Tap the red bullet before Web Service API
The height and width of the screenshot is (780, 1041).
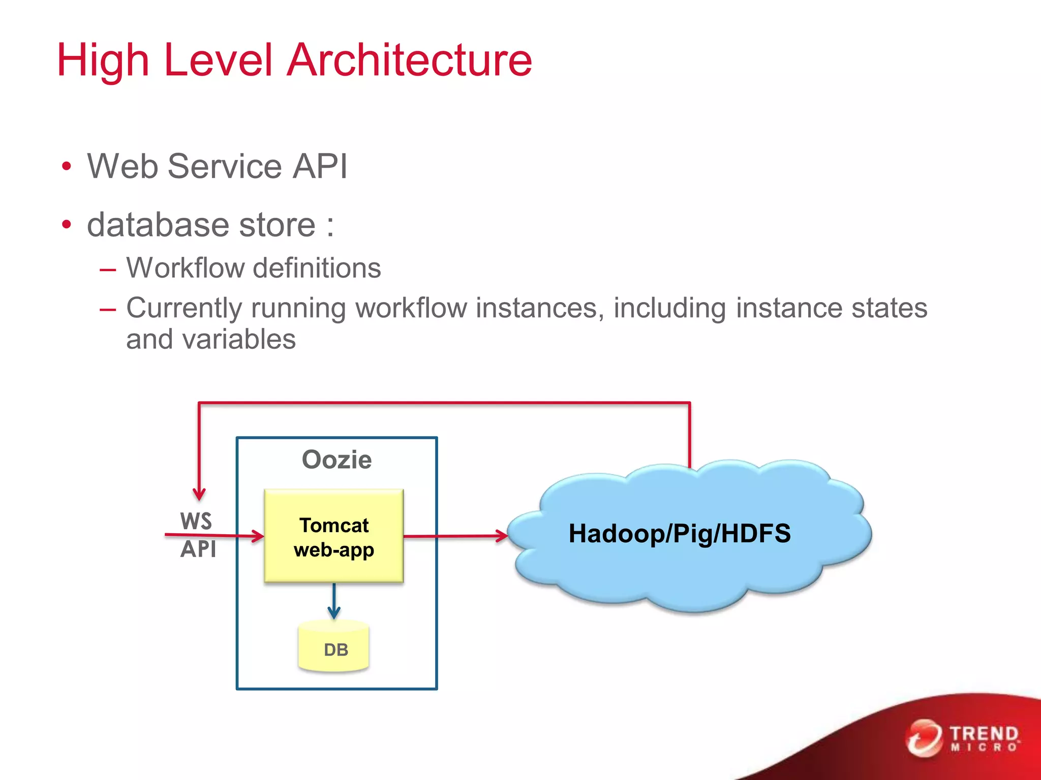click(x=67, y=167)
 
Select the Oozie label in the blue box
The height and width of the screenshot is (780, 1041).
click(x=336, y=460)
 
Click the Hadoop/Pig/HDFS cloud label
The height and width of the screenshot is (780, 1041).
click(x=679, y=534)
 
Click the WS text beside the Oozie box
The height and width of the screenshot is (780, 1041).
click(x=196, y=521)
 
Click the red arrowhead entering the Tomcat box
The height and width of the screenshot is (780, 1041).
click(x=257, y=536)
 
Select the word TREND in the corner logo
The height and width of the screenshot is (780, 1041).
click(x=984, y=734)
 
